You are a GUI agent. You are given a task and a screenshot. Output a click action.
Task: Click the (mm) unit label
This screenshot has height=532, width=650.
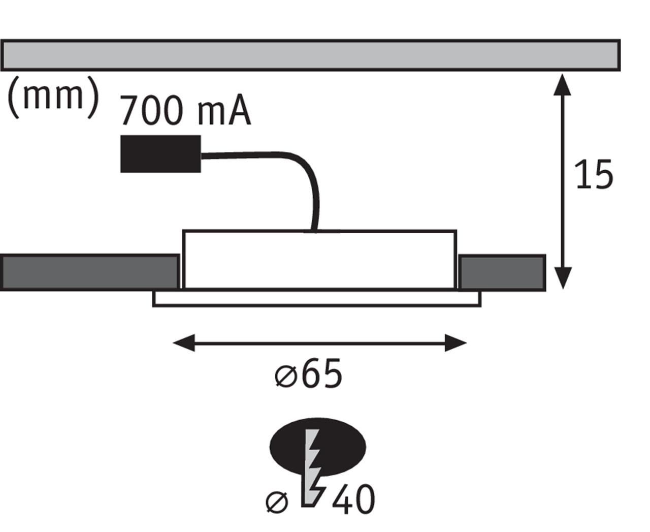[x=54, y=97]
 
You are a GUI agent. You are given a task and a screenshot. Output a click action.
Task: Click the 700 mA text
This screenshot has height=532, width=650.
[x=186, y=111]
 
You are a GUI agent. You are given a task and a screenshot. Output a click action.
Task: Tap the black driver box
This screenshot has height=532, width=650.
[x=160, y=154]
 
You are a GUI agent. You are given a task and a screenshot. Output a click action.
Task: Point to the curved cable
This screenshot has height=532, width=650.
[x=300, y=167]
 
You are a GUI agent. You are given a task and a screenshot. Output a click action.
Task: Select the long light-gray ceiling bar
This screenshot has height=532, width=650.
[x=310, y=55]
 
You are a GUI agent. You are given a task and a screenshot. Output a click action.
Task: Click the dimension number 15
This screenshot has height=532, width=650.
[x=593, y=176]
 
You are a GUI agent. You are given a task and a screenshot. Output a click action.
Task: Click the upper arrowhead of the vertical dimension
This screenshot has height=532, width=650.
[x=562, y=85]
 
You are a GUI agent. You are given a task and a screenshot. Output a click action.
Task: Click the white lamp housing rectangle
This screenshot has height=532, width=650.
[x=319, y=260]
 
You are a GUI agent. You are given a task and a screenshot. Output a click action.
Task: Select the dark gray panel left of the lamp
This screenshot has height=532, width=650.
[x=89, y=273]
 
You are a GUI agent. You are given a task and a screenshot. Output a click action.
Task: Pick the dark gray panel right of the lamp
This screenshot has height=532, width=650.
[x=502, y=273]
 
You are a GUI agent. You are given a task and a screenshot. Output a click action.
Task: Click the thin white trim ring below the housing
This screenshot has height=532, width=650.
[x=317, y=299]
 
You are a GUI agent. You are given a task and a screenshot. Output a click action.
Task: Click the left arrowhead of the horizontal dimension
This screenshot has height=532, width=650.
[x=183, y=343]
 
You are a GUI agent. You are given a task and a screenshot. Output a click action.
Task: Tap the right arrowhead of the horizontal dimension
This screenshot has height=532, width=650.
[x=456, y=343]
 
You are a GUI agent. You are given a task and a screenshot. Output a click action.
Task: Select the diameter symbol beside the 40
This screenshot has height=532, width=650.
[x=277, y=502]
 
